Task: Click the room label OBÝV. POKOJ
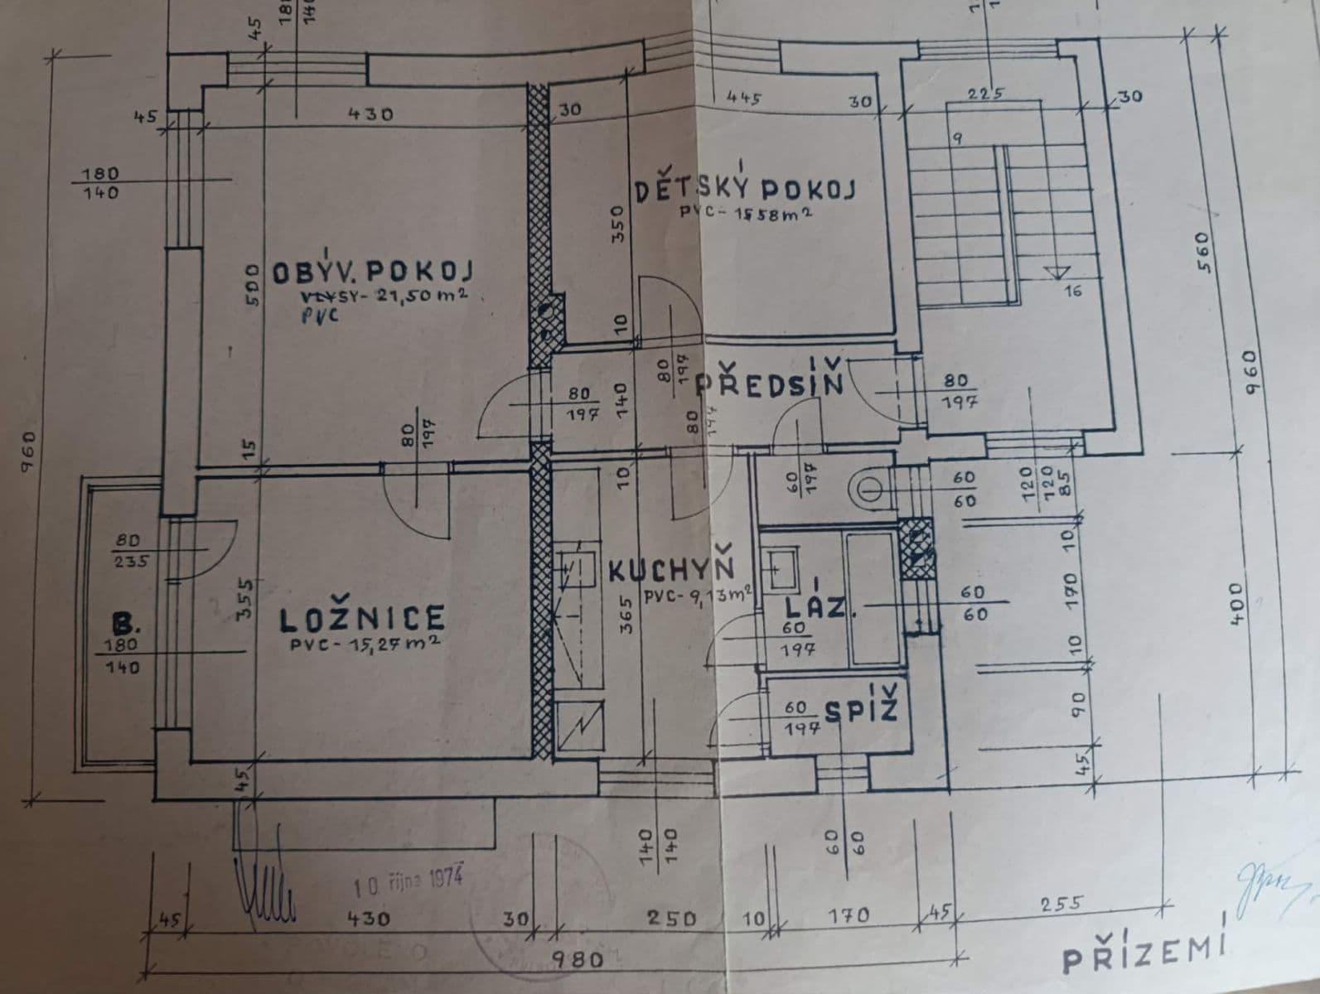tap(372, 272)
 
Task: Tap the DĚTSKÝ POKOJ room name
tap(745, 189)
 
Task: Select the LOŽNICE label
tap(361, 619)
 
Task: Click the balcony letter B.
tap(125, 623)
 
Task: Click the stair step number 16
tap(1072, 291)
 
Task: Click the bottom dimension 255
tap(1060, 904)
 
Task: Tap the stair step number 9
tap(957, 138)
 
